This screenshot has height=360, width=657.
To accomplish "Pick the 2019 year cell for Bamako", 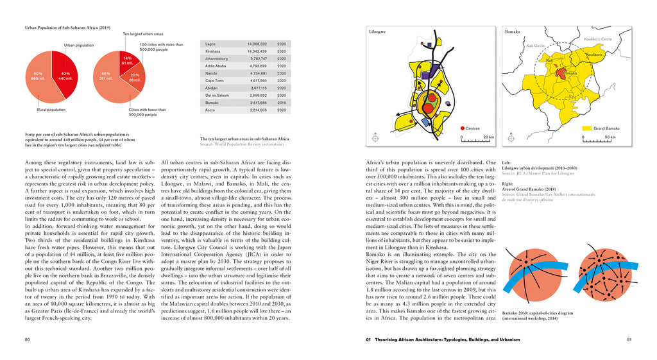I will click(x=281, y=102).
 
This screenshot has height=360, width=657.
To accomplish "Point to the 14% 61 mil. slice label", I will click(x=127, y=61).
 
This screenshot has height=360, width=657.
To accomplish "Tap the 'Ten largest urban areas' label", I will click(x=142, y=33).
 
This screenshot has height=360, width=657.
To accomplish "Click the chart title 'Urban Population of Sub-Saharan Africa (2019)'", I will click(x=67, y=28).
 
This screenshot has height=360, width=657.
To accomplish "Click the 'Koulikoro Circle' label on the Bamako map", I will click(x=597, y=39).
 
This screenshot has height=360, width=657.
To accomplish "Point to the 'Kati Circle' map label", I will click(x=535, y=46).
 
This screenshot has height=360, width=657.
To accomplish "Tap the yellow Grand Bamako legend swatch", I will click(x=585, y=128).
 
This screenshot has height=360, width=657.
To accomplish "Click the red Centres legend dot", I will click(x=461, y=128).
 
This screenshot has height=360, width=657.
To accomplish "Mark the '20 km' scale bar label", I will click(x=488, y=137).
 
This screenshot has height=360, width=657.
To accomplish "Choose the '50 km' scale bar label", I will click(x=610, y=137).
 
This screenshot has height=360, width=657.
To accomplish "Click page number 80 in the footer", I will click(x=28, y=339).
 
